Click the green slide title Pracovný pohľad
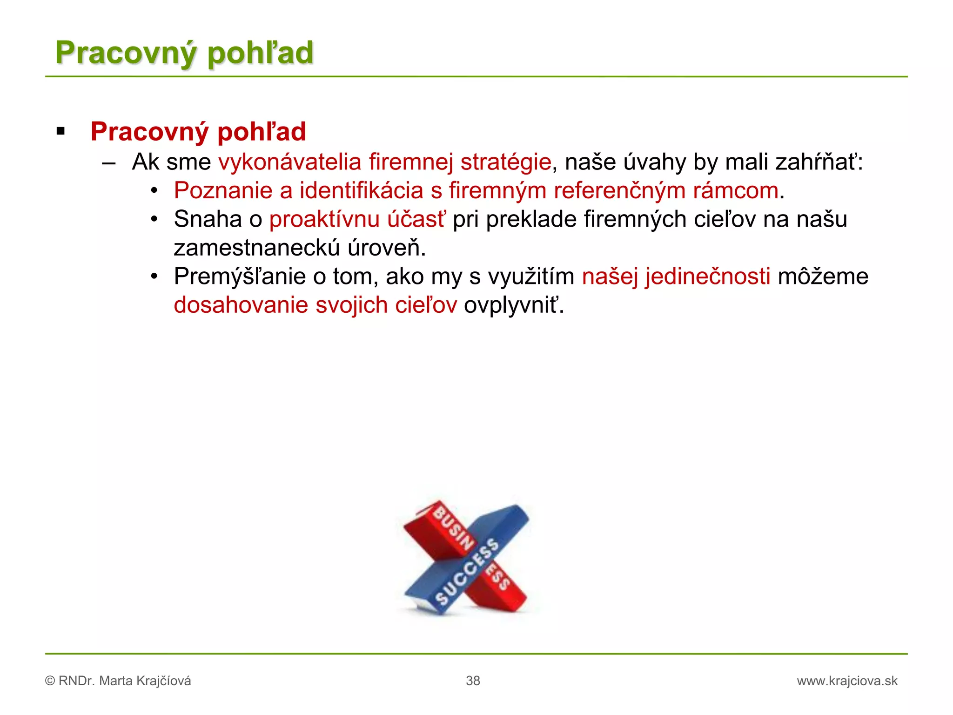tap(184, 53)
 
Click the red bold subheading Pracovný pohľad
tap(198, 132)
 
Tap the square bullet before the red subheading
tap(60, 132)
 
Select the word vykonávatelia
tap(289, 162)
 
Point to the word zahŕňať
tap(819, 162)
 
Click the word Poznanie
tap(223, 191)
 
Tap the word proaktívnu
tap(324, 219)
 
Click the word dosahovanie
tap(241, 305)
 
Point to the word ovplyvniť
tap(513, 305)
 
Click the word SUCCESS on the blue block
tap(467, 572)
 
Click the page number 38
tap(473, 681)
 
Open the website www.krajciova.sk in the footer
tap(847, 681)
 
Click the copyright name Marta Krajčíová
tap(145, 681)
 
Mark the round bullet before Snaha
tap(155, 219)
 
